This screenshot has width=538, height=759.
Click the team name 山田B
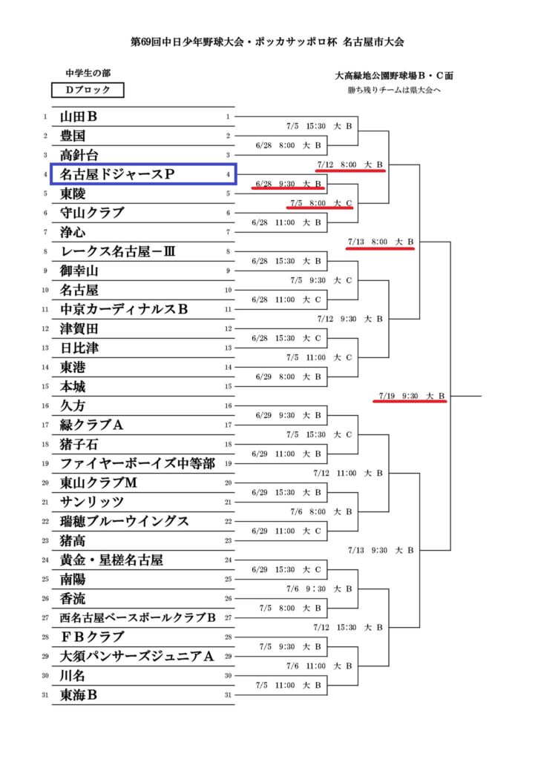click(x=78, y=116)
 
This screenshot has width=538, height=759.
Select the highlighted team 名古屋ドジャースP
click(x=117, y=174)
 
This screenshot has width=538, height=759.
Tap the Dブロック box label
click(x=88, y=90)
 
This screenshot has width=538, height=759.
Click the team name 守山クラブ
click(x=91, y=213)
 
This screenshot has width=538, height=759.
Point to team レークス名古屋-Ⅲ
click(x=118, y=252)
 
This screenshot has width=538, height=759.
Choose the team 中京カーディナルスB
click(x=124, y=309)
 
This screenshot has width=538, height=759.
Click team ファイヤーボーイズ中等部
click(x=137, y=464)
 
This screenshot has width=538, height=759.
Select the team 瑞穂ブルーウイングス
click(x=124, y=521)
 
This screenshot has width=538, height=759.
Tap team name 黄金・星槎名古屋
click(x=111, y=560)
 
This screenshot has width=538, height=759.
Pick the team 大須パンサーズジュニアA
click(x=137, y=657)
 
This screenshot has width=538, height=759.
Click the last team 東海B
click(x=78, y=695)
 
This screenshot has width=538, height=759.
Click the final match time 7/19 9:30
click(x=398, y=396)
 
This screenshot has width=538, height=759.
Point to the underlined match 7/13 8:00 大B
click(x=381, y=242)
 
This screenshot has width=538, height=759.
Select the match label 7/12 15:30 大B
click(x=348, y=627)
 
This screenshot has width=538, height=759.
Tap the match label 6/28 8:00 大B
click(x=289, y=145)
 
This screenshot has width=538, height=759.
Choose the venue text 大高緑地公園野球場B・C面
click(x=394, y=76)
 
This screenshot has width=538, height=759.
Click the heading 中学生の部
click(x=88, y=73)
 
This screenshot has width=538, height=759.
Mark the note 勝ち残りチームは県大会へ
click(x=394, y=90)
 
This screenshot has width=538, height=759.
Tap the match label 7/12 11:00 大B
click(x=348, y=474)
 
